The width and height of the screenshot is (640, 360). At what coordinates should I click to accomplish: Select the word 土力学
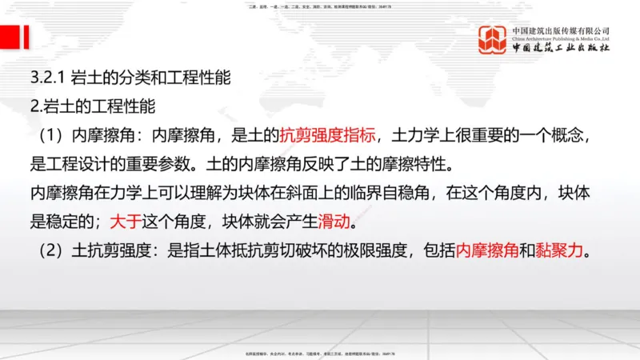[405, 133]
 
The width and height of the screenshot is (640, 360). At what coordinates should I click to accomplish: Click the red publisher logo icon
[494, 40]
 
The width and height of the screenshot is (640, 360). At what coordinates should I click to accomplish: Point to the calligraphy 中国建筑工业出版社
[561, 49]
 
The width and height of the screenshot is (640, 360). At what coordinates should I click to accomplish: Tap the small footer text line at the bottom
[320, 353]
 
